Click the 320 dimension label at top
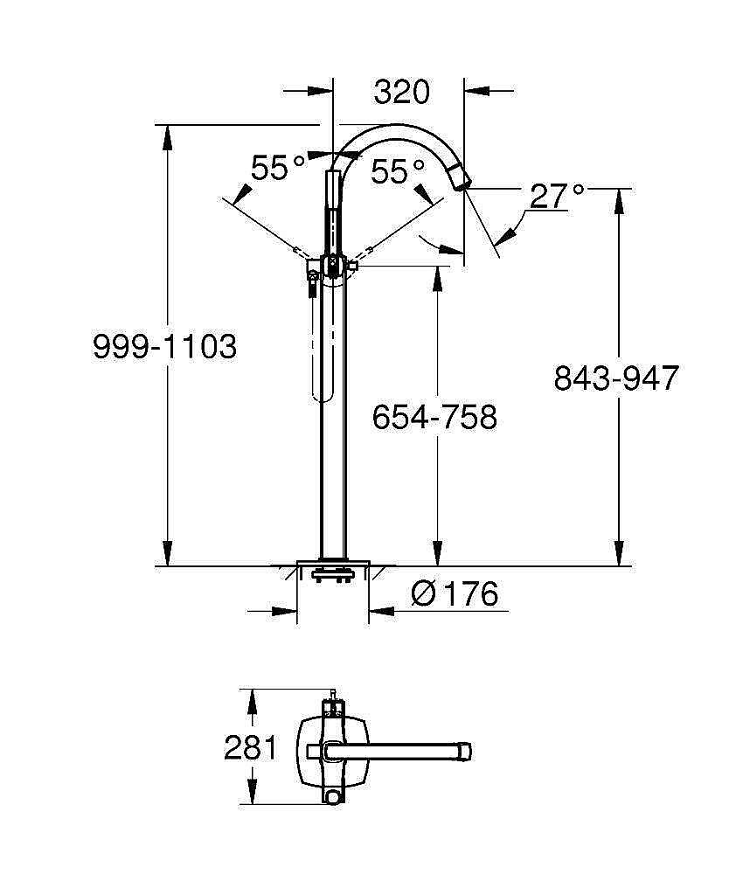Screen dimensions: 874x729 coord(402,91)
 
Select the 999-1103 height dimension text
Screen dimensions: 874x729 coord(164,347)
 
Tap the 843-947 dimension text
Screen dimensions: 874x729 coord(616,378)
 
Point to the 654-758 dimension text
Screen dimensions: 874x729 coord(434,417)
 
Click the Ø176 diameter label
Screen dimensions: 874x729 coord(455,594)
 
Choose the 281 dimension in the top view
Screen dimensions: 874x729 coord(250,748)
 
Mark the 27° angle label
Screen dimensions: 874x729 coord(556,196)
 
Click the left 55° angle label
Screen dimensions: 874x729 coord(278,167)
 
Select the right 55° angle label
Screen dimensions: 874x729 coord(398,171)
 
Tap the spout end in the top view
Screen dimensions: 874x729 coord(465,750)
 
